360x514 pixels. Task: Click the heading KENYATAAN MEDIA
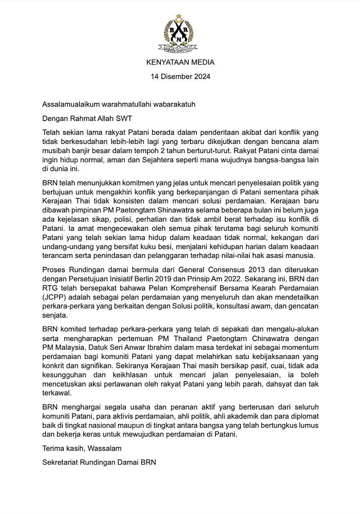pyautogui.click(x=180, y=62)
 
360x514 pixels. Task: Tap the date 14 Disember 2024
pyautogui.click(x=180, y=77)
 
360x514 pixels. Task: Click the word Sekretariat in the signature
pyautogui.click(x=62, y=462)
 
